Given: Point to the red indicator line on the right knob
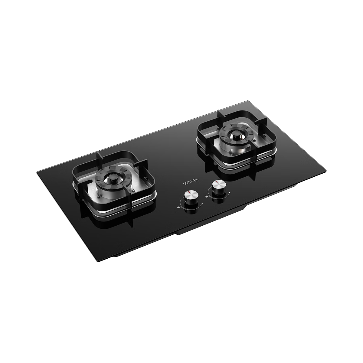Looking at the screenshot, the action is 217,182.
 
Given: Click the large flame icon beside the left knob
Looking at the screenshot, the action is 178,207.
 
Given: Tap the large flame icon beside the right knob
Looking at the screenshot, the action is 207,197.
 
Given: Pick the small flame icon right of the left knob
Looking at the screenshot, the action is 202,203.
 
